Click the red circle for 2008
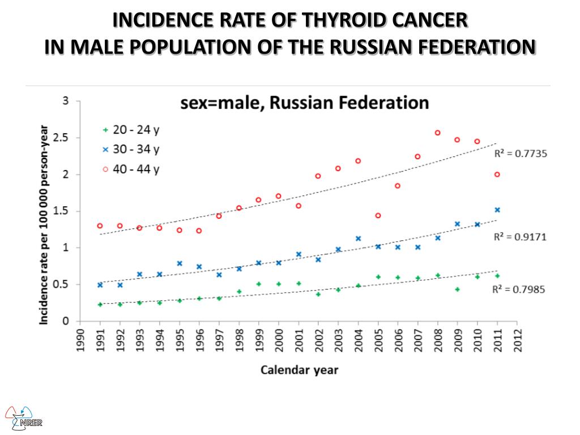click(x=437, y=133)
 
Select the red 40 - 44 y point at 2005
click(x=378, y=215)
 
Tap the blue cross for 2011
click(x=497, y=210)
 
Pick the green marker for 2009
click(x=457, y=289)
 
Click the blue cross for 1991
click(x=100, y=285)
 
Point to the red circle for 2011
click(x=497, y=174)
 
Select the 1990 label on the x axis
click(x=80, y=340)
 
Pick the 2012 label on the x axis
click(x=517, y=340)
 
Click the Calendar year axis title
click(x=299, y=370)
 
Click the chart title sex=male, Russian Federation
click(x=304, y=103)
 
